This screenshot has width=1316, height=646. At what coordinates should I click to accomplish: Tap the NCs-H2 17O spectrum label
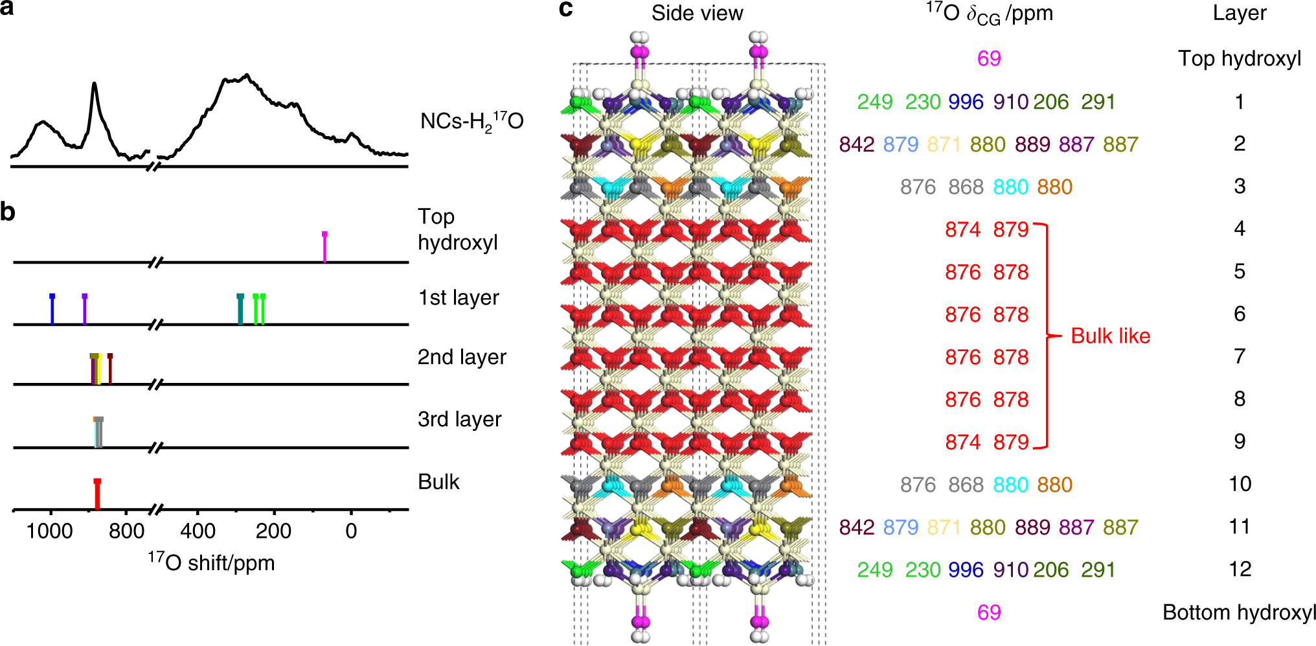[x=471, y=121]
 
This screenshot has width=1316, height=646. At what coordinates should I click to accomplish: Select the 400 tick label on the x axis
[x=198, y=531]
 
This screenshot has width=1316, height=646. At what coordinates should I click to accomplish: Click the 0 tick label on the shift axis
[x=350, y=531]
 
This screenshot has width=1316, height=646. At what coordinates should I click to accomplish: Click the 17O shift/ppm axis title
[x=211, y=562]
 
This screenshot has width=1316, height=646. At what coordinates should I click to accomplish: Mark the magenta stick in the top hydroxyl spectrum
[x=324, y=246]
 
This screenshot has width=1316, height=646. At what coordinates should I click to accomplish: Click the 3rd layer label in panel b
[x=459, y=419]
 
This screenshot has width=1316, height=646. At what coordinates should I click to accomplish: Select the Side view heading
[x=697, y=13]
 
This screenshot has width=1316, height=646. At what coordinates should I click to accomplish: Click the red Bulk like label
[x=1110, y=336]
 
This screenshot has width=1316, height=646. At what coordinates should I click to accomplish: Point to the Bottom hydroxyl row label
[x=1239, y=612]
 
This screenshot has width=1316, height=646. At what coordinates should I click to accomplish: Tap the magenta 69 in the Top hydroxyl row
[x=989, y=58]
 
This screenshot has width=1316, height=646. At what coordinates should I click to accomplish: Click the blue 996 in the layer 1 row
[x=966, y=102]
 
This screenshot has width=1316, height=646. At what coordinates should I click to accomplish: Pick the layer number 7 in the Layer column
[x=1240, y=356]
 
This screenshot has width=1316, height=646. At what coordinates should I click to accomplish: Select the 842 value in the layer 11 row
[x=856, y=527]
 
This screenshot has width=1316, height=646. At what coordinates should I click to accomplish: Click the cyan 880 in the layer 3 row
[x=1010, y=187]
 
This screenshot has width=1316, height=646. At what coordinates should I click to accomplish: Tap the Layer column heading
[x=1239, y=13]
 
